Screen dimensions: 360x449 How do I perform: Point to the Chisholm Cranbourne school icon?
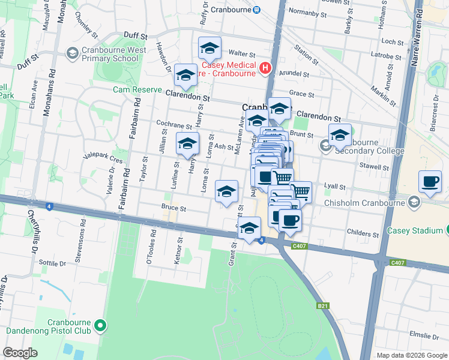[413, 203]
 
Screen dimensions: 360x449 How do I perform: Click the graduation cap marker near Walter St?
[209, 47]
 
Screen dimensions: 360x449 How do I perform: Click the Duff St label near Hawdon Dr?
[135, 36]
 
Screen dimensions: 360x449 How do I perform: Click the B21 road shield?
[323, 306]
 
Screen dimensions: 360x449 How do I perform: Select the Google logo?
[20, 353]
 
